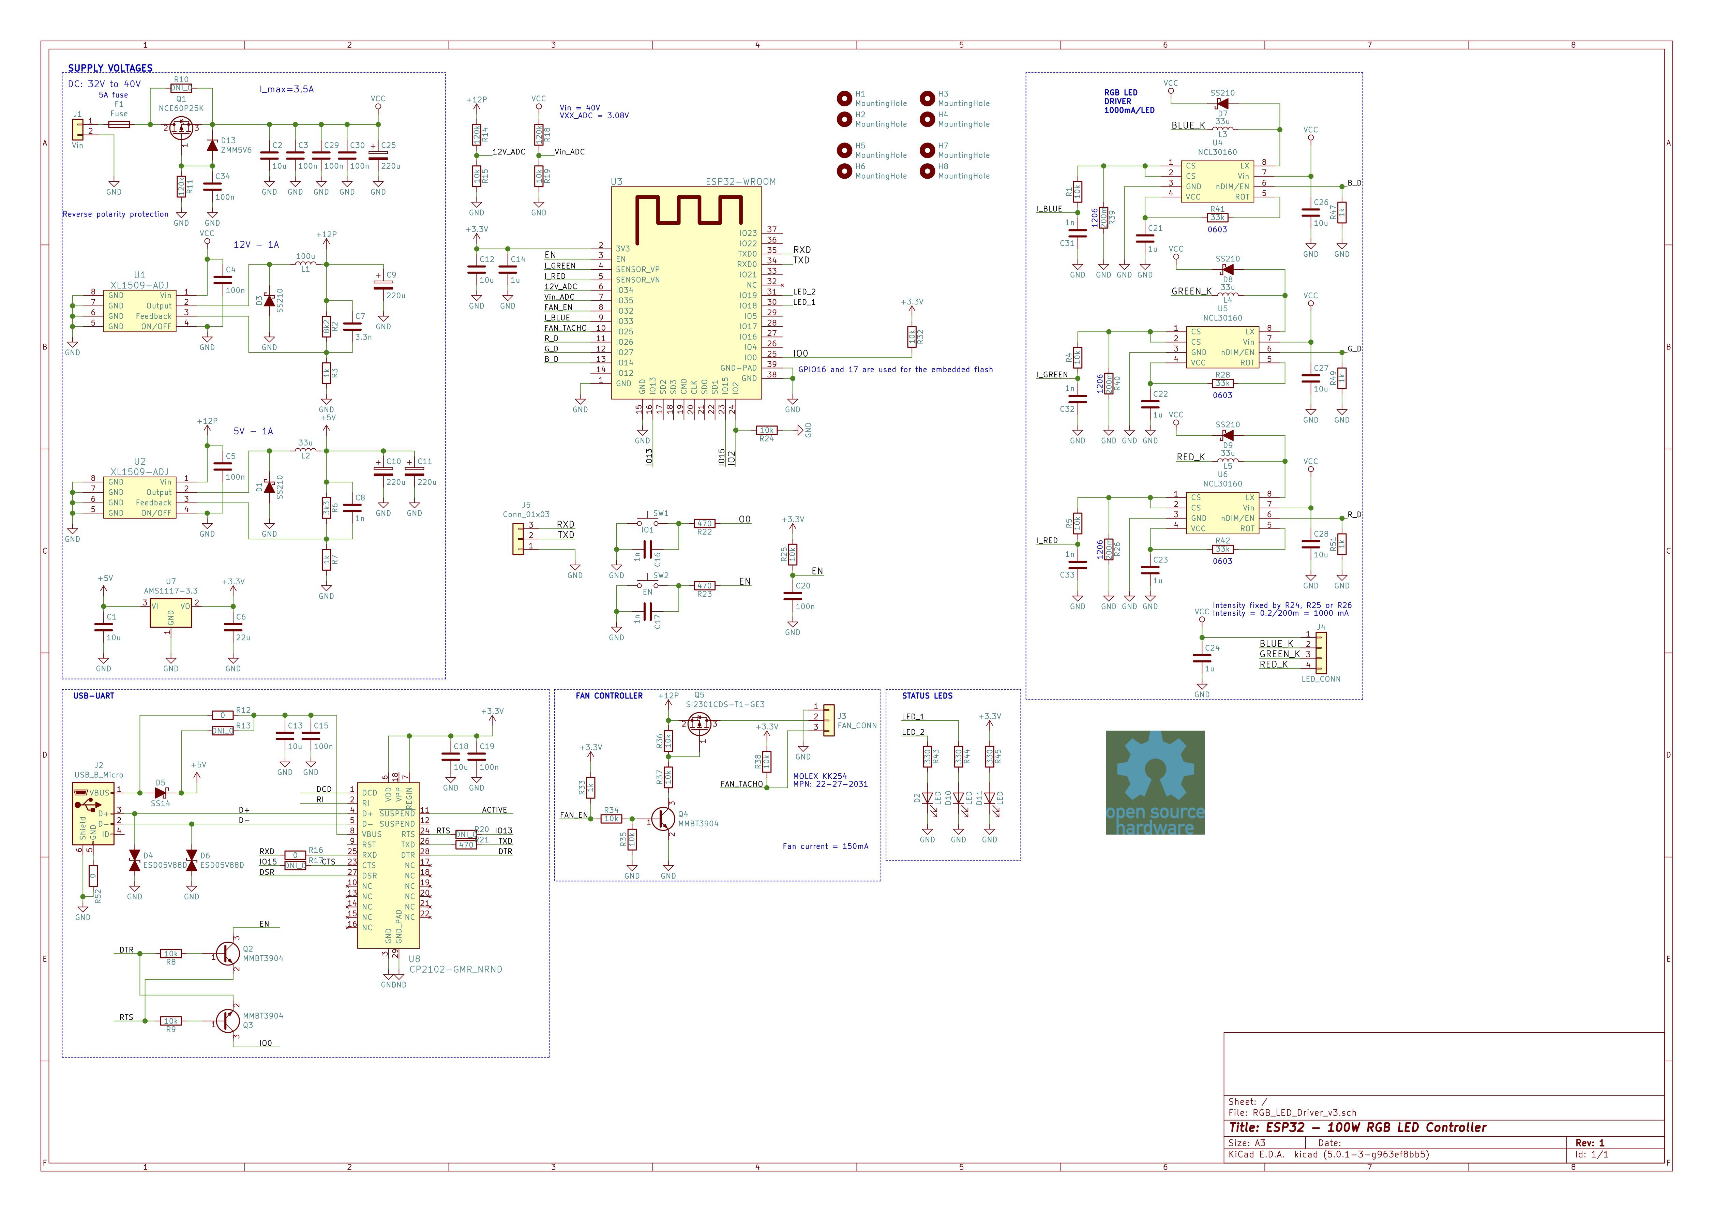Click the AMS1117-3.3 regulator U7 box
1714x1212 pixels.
(x=171, y=613)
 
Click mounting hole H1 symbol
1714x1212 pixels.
(x=844, y=98)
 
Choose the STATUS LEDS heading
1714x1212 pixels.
(x=927, y=696)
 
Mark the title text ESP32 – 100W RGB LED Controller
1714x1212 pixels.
(x=1357, y=1127)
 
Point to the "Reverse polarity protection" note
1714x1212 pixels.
(x=116, y=214)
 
